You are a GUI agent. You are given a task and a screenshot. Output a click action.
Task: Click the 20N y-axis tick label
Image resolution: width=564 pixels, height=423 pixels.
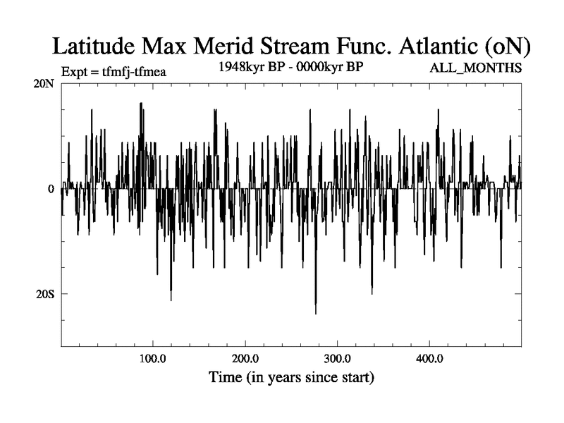[44, 84]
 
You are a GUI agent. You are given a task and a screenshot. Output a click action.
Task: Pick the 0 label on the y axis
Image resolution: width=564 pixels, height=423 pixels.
[50, 189]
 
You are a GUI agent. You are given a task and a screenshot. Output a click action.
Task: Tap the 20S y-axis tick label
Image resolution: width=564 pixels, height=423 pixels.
[44, 294]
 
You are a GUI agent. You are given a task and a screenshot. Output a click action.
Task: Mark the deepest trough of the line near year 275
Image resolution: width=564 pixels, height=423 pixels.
[316, 313]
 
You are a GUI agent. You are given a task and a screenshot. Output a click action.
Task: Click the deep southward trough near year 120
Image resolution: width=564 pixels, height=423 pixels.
[171, 300]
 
